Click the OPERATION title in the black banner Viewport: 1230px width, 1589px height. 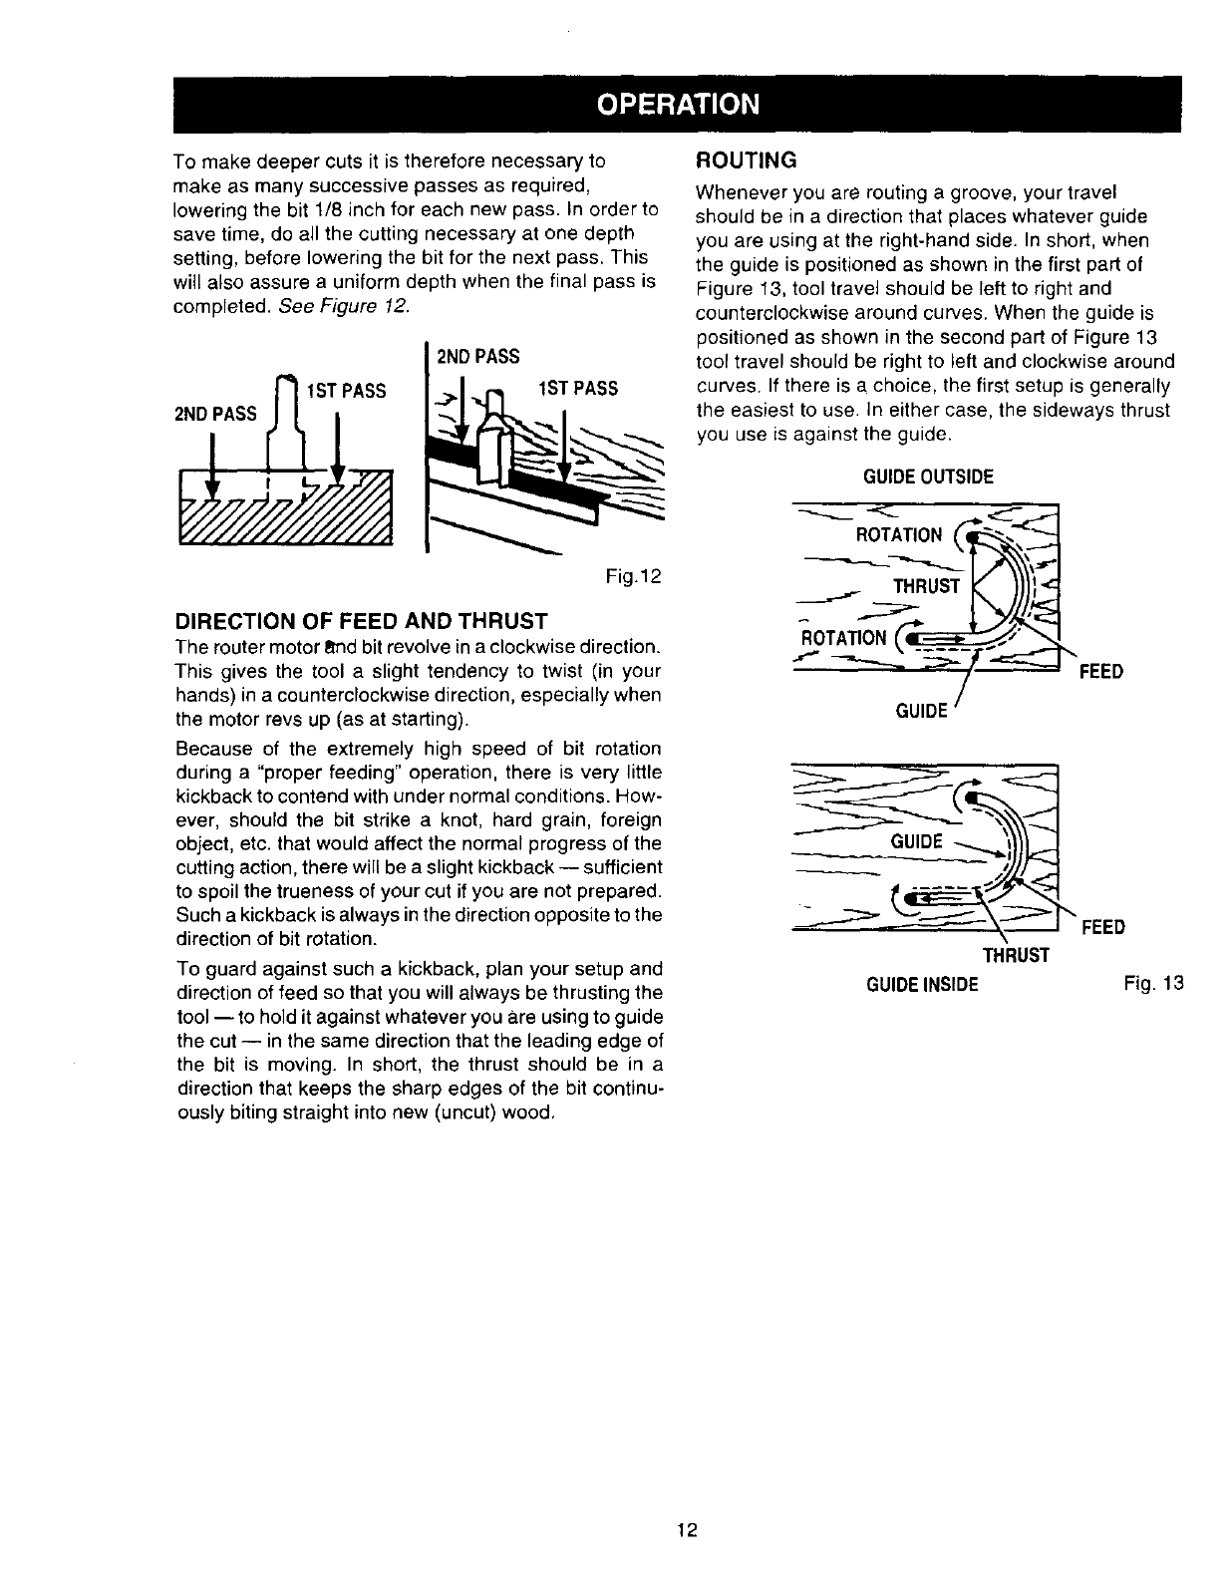click(x=678, y=105)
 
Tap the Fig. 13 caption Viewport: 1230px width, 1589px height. click(x=1152, y=985)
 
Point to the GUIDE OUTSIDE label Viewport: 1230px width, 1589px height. click(x=928, y=477)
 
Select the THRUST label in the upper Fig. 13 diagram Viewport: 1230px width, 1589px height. click(x=926, y=586)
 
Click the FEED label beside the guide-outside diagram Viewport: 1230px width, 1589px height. click(x=1101, y=671)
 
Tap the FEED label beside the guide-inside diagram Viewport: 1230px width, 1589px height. click(x=1103, y=927)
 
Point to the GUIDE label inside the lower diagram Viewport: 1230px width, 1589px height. click(x=916, y=841)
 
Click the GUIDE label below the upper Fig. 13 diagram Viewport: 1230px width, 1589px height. click(x=920, y=711)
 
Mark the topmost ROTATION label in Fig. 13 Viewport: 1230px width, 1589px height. click(x=899, y=536)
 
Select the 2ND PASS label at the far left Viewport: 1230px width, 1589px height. click(x=215, y=413)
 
